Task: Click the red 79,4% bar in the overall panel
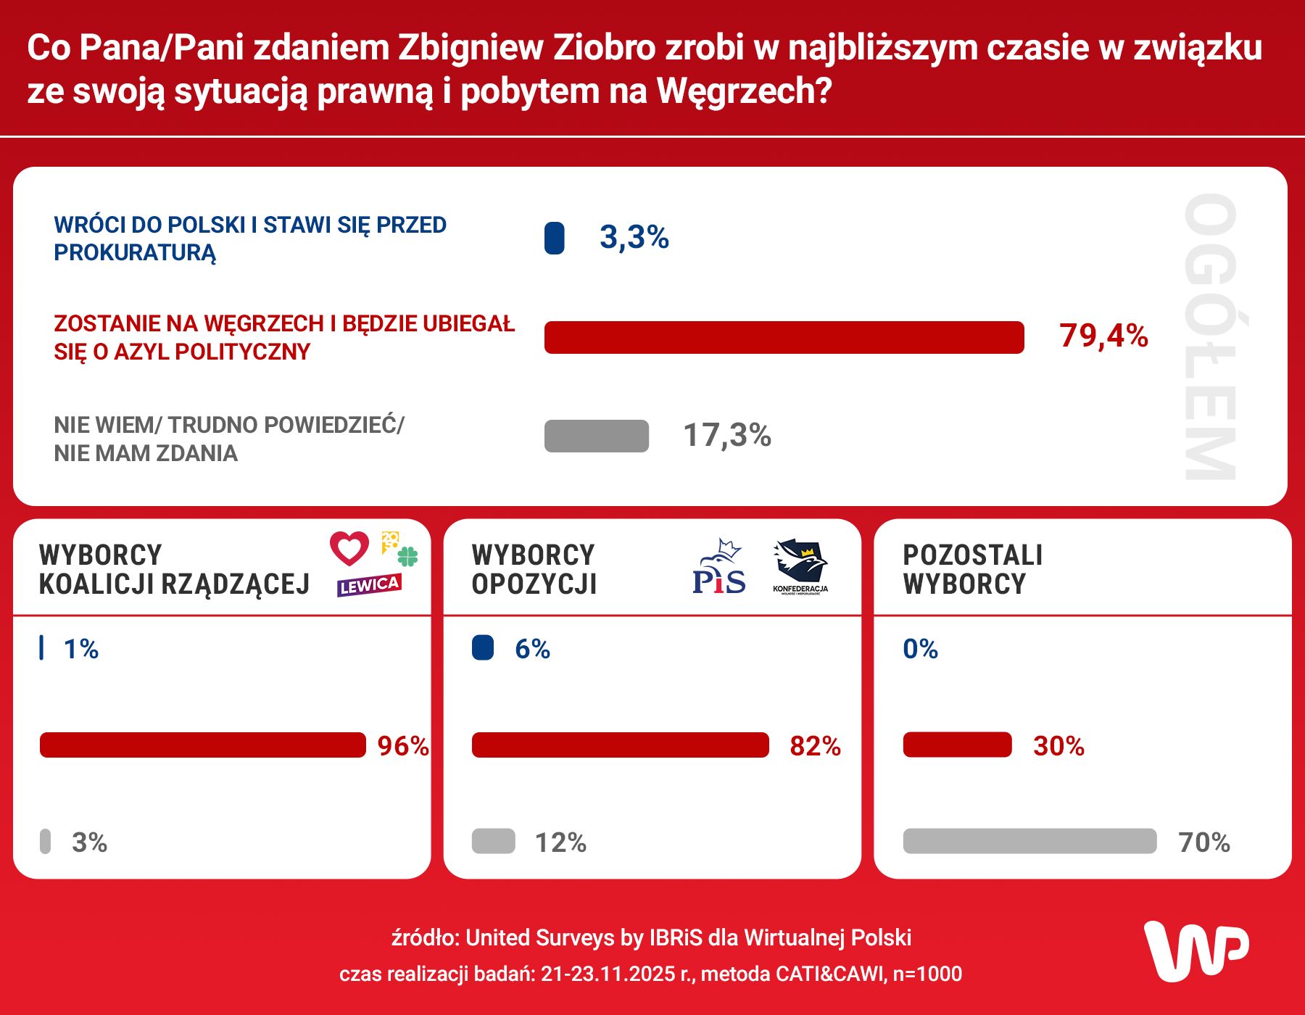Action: pyautogui.click(x=784, y=337)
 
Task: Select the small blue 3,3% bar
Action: pyautogui.click(x=555, y=238)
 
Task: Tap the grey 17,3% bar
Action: pyautogui.click(x=597, y=436)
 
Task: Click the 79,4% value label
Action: pyautogui.click(x=1103, y=336)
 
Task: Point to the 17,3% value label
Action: pyautogui.click(x=727, y=435)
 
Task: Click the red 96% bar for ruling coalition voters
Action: pyautogui.click(x=203, y=745)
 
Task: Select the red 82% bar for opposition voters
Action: pyautogui.click(x=620, y=745)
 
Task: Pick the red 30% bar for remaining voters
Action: pyautogui.click(x=957, y=745)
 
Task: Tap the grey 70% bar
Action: pyautogui.click(x=1029, y=841)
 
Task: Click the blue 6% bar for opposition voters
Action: pyautogui.click(x=483, y=647)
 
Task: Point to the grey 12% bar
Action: pyautogui.click(x=493, y=841)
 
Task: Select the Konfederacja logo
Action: pyautogui.click(x=800, y=566)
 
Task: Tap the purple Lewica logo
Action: pyautogui.click(x=369, y=585)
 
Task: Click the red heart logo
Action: pyautogui.click(x=349, y=548)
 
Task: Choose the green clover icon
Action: pyautogui.click(x=408, y=556)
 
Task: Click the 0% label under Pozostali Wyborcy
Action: pyautogui.click(x=920, y=649)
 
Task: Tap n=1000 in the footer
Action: pyautogui.click(x=927, y=974)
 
